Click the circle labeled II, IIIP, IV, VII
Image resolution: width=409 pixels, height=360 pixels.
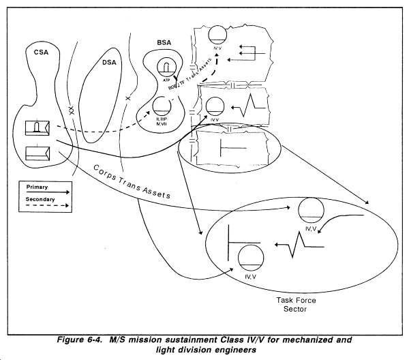point(162,106)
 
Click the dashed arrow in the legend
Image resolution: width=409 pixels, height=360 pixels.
point(51,205)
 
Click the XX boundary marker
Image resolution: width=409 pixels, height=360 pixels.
point(70,108)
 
